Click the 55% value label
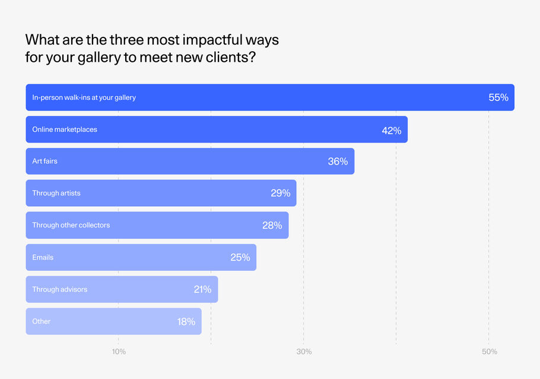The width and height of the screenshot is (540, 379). (498, 97)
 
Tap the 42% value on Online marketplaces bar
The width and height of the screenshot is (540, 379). (392, 130)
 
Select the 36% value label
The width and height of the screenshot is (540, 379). (338, 162)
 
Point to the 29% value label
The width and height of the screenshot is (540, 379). (280, 193)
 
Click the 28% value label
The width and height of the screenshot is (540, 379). (272, 225)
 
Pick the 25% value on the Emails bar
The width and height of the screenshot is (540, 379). (240, 257)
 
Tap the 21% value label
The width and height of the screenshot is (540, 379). (202, 289)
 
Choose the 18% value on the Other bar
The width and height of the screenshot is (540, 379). (186, 321)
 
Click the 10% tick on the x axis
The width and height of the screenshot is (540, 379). (119, 352)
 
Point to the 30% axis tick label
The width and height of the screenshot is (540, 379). (304, 352)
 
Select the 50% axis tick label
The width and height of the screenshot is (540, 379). (489, 352)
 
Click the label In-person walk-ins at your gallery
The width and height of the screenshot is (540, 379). (84, 97)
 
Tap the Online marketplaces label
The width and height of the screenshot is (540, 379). (65, 130)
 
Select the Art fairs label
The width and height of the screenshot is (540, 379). (45, 162)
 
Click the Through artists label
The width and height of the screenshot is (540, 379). (56, 193)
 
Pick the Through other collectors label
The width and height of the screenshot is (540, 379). (71, 225)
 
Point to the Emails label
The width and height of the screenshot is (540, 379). (43, 257)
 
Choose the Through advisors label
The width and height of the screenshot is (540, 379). (59, 289)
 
